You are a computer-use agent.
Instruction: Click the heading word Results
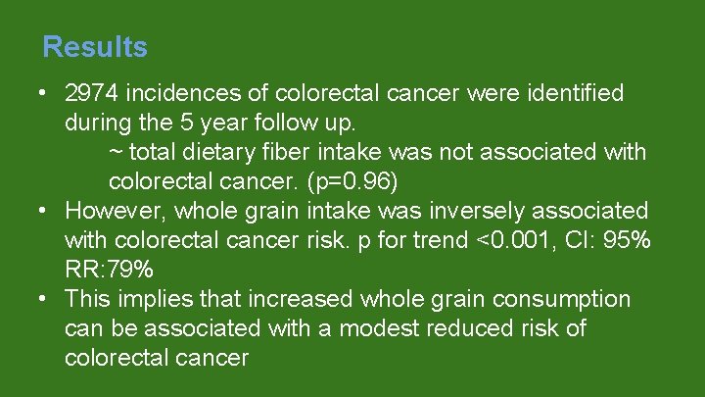click(x=95, y=47)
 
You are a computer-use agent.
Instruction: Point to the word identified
click(x=576, y=94)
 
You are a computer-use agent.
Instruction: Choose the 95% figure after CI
click(x=627, y=241)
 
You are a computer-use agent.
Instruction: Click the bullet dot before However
click(x=43, y=212)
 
